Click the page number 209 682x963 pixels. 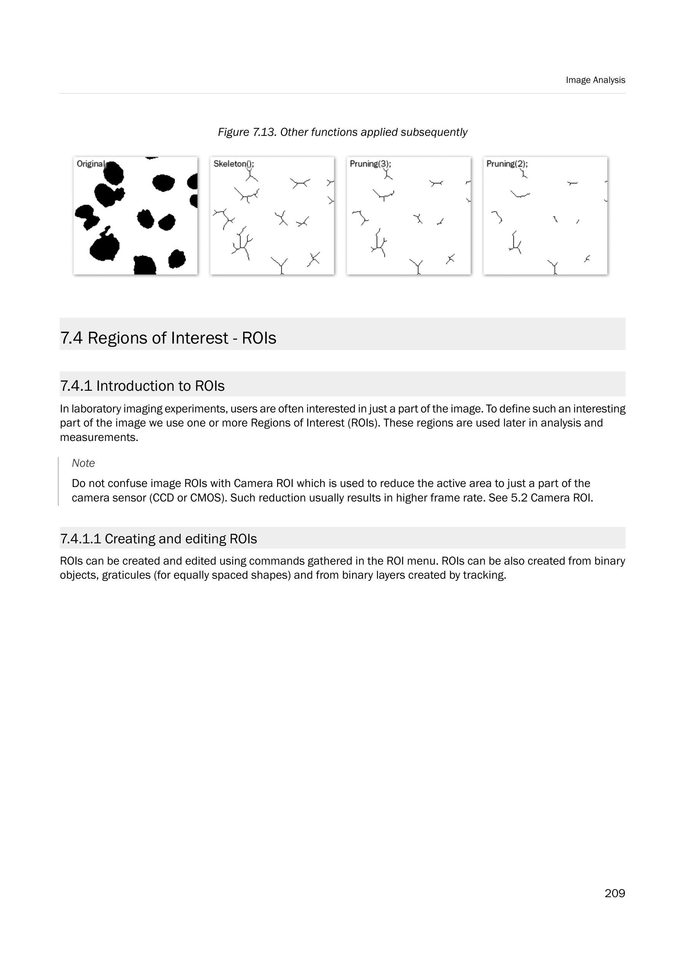click(x=614, y=893)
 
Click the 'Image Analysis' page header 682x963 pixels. click(x=595, y=80)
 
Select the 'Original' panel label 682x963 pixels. click(x=90, y=164)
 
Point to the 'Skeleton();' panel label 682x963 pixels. click(x=233, y=164)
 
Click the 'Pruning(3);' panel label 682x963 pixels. click(x=370, y=164)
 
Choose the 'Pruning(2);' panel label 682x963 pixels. click(x=507, y=164)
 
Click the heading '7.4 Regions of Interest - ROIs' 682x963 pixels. click(x=168, y=338)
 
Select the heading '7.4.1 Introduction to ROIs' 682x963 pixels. click(x=142, y=386)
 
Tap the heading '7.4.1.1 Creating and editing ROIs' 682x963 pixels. click(x=158, y=539)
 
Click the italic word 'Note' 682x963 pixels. click(x=83, y=463)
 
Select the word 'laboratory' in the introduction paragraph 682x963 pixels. click(x=95, y=409)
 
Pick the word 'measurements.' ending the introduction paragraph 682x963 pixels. click(x=99, y=438)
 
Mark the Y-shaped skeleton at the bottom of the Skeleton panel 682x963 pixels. click(x=280, y=265)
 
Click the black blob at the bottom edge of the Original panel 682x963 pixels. click(x=145, y=265)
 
